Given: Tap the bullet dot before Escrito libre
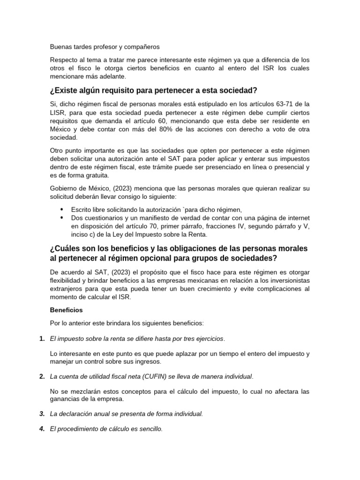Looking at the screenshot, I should point(62,210).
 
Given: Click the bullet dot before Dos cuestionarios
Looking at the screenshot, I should point(62,218).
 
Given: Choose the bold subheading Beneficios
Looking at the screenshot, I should point(66,310).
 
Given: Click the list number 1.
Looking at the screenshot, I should point(42,338).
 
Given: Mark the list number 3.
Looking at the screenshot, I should point(42,413).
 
